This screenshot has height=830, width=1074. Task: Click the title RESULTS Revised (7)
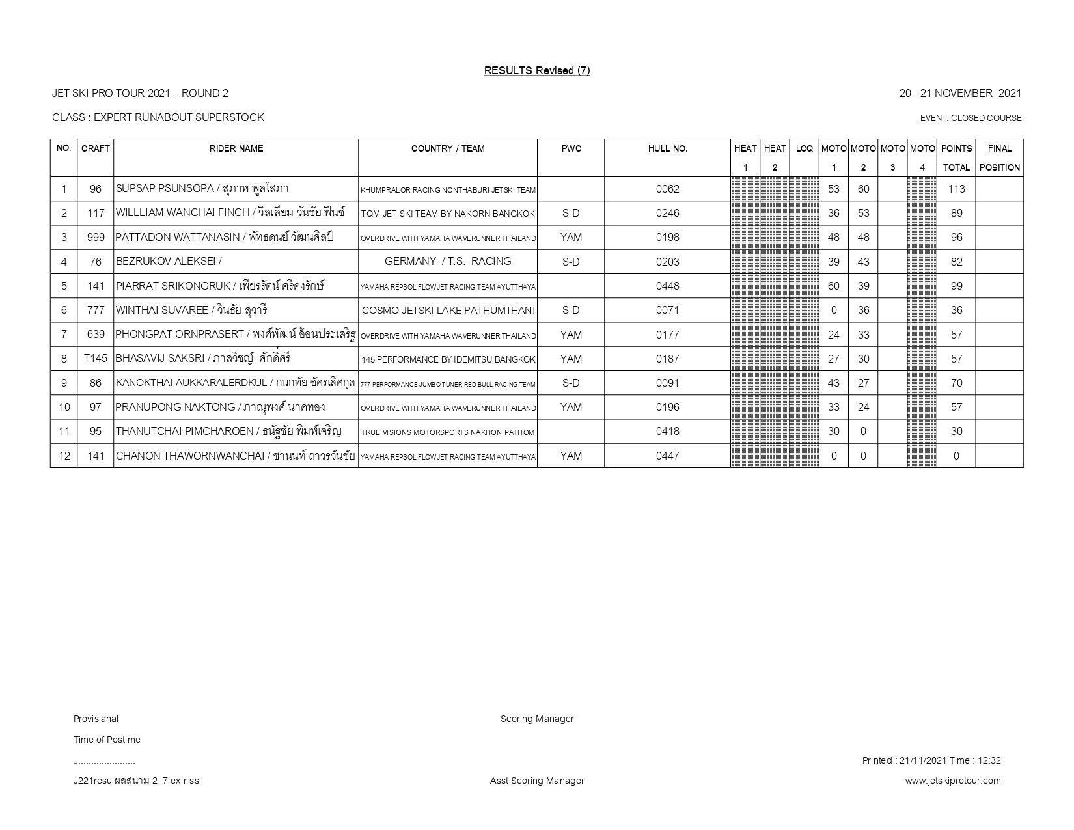coord(536,70)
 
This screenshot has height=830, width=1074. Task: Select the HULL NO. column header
coord(667,148)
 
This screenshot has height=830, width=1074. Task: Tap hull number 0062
coord(667,189)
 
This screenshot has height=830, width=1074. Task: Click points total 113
coord(956,189)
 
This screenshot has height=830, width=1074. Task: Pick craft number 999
coord(95,238)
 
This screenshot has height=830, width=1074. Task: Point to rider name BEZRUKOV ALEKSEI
coord(168,262)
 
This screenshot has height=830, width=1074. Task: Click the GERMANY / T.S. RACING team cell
coord(448,262)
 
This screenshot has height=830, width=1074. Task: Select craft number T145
coord(95,359)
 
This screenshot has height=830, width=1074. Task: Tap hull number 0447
coord(667,456)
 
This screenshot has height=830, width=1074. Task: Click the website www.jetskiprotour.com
coord(952,781)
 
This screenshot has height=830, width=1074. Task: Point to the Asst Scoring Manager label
coord(537,781)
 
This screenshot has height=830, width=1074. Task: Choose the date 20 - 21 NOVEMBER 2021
coord(960,94)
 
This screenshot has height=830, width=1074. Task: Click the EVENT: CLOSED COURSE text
coord(971,118)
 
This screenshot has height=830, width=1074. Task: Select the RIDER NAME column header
coord(236,148)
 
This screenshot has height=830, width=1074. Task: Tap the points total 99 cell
coord(956,286)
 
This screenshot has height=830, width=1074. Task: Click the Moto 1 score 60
coord(833,286)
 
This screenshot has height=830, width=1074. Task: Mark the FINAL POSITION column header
coord(999,158)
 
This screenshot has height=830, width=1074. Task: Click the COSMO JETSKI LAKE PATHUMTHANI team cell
coord(448,311)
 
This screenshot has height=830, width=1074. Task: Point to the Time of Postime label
coord(107,740)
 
